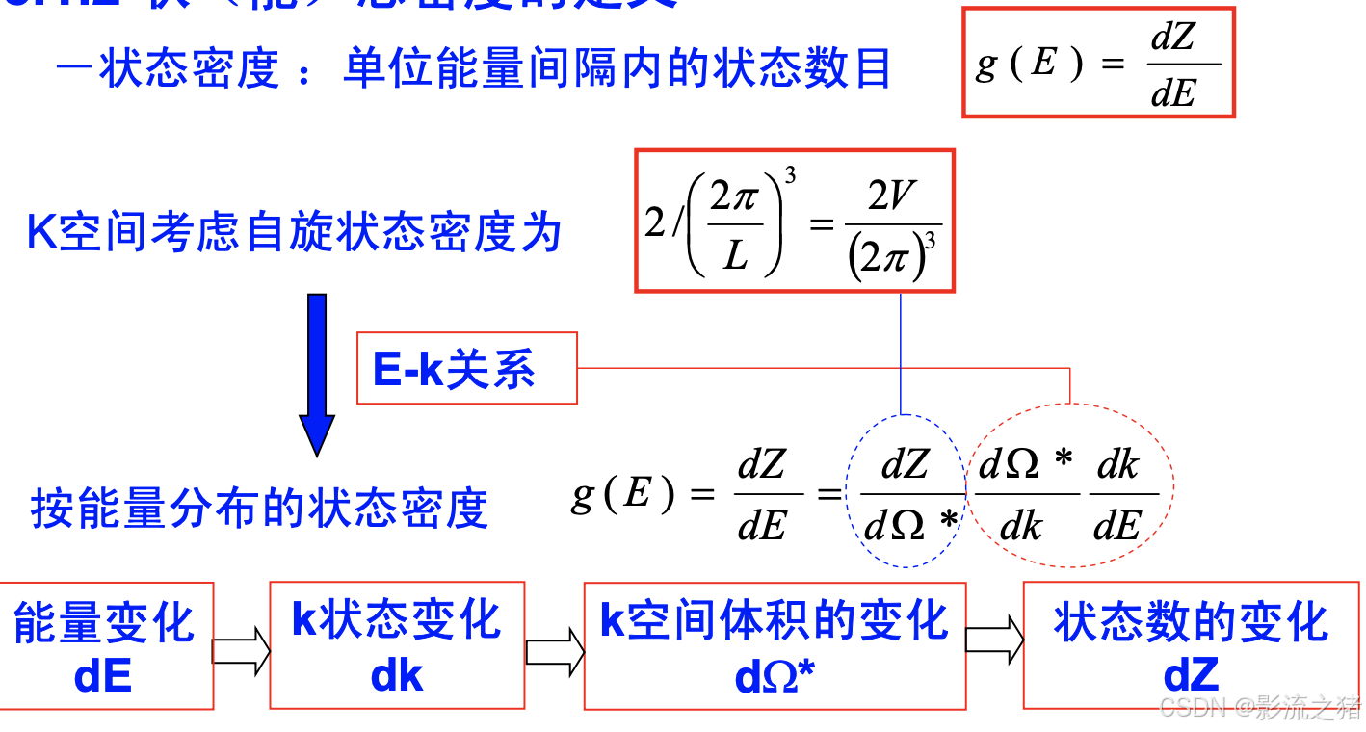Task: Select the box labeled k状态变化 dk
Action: [396, 645]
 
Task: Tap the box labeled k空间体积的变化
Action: [775, 645]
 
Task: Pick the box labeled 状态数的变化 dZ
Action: [1191, 645]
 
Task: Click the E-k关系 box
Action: [466, 369]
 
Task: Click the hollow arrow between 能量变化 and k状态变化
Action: [241, 648]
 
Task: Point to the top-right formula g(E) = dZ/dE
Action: [1098, 64]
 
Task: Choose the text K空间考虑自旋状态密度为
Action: [294, 233]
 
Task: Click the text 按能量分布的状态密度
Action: [260, 508]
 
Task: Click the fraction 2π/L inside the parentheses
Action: [735, 227]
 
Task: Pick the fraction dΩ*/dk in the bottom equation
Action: [1025, 495]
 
